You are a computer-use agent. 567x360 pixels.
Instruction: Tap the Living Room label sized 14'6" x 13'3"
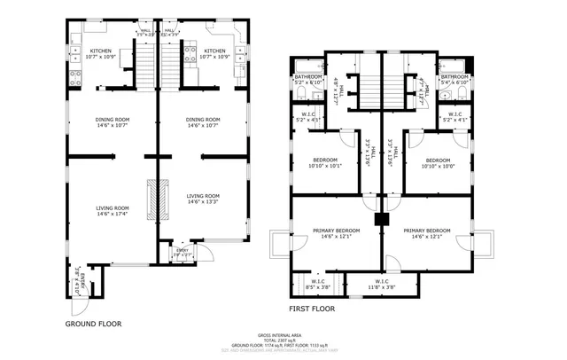pyautogui.click(x=203, y=199)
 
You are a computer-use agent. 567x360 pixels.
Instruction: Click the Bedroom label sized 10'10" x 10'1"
pyautogui.click(x=324, y=162)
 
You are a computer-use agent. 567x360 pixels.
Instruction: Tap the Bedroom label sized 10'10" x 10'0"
pyautogui.click(x=438, y=162)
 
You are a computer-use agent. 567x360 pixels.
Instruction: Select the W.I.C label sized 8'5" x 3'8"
pyautogui.click(x=317, y=285)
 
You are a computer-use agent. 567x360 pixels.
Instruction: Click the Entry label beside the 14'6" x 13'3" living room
pyautogui.click(x=183, y=253)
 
